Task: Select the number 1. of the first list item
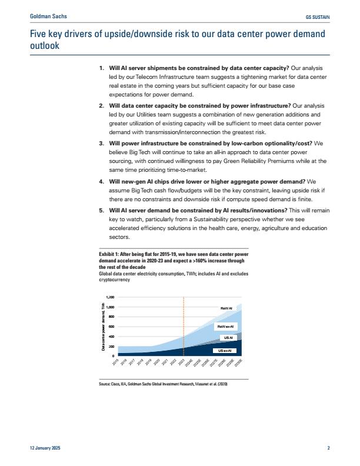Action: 102,69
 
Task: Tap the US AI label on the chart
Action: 229,338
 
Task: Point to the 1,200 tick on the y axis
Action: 111,298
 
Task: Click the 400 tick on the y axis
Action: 112,337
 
